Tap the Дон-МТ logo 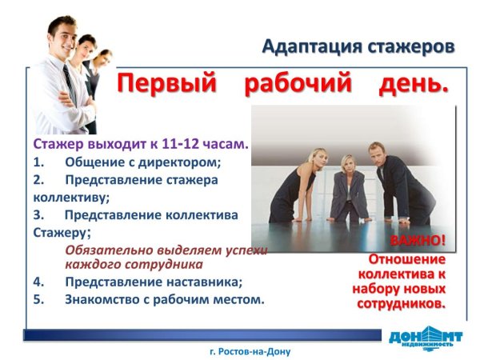tap(425, 337)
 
